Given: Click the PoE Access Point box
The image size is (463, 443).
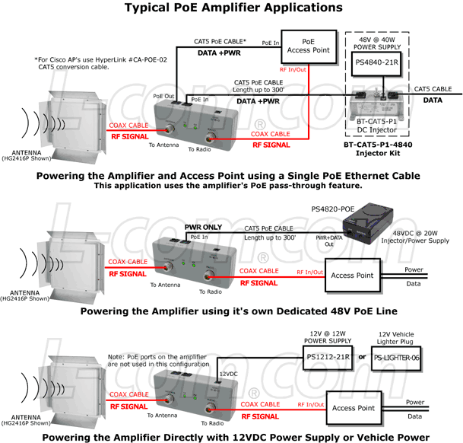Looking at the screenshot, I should pyautogui.click(x=308, y=47).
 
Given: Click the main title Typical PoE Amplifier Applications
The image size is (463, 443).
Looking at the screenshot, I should pyautogui.click(x=230, y=8).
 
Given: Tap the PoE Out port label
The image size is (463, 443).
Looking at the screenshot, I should pyautogui.click(x=163, y=96).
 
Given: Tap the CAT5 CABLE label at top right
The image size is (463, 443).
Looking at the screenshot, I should pyautogui.click(x=436, y=88).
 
